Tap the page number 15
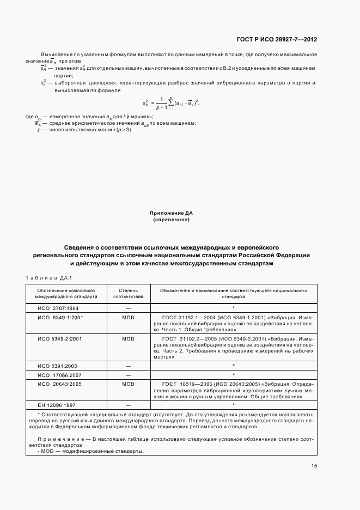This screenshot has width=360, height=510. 314,465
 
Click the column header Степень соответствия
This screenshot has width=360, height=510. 128,294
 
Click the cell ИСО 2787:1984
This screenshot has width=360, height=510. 58,308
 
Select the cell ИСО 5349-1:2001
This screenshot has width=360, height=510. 59,317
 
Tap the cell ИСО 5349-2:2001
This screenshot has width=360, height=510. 59,338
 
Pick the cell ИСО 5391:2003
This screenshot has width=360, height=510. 58,366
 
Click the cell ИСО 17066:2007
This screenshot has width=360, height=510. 59,375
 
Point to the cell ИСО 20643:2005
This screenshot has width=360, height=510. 59,384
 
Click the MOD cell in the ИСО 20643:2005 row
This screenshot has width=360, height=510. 128,384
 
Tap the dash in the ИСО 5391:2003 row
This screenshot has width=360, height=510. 128,366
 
